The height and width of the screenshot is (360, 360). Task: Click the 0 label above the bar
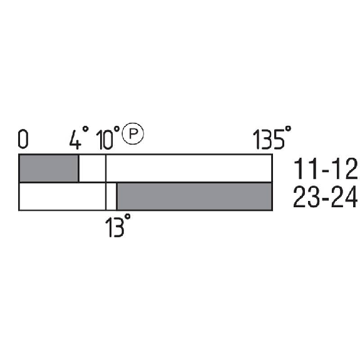tap(23, 139)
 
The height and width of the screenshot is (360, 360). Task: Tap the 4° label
tap(79, 138)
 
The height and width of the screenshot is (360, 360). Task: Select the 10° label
tap(108, 138)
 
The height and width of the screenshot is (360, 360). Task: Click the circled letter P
tap(133, 133)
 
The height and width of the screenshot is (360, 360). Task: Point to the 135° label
tap(272, 137)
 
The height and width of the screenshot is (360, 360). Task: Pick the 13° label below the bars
tap(118, 225)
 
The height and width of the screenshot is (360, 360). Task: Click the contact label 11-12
tap(326, 169)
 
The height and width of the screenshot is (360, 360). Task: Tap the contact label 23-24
tap(326, 197)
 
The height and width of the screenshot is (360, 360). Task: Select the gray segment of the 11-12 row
tap(49, 168)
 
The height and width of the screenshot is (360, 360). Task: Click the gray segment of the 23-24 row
tap(195, 197)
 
